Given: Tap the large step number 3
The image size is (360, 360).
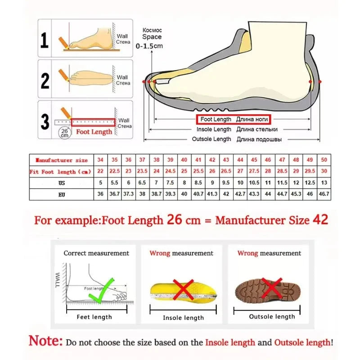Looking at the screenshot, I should point(45,121).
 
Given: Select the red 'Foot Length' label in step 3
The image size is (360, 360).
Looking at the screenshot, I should point(94,132).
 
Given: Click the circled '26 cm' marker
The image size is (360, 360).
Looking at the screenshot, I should point(64,132).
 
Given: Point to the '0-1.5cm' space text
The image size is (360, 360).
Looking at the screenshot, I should point(152,46).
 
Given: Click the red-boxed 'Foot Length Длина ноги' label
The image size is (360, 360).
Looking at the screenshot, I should point(233,119).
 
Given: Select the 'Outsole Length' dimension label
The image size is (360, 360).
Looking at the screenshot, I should point(211,139).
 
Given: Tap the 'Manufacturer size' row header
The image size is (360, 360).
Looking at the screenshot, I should point(61,160).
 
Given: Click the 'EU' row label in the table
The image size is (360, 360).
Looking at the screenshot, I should point(62,195).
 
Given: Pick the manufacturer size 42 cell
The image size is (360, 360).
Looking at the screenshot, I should point(212,160).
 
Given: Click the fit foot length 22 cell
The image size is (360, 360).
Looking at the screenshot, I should point(100,171).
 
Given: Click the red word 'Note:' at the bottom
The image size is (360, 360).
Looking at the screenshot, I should point(46,341).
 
